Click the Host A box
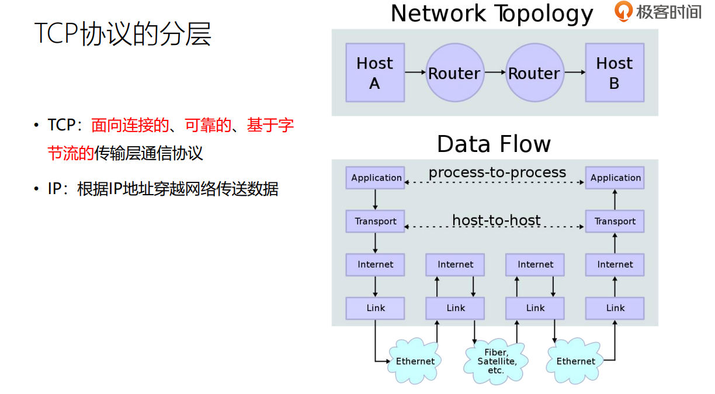[x=374, y=72]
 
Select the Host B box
[x=615, y=72]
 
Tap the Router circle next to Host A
[x=454, y=73]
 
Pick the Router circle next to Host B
[x=534, y=73]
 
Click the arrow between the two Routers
[x=495, y=72]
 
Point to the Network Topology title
[x=492, y=13]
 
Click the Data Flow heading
[x=494, y=144]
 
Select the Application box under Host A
[x=376, y=178]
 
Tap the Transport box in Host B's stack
[x=615, y=222]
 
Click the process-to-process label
[x=497, y=172]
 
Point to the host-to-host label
[x=496, y=220]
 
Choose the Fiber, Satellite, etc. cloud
[x=496, y=361]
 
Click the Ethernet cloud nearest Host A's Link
[x=415, y=361]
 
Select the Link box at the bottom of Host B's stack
[x=615, y=308]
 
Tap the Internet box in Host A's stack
[x=376, y=265]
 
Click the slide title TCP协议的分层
[x=123, y=34]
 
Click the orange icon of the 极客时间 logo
[x=623, y=12]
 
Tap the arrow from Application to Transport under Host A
[x=376, y=199]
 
